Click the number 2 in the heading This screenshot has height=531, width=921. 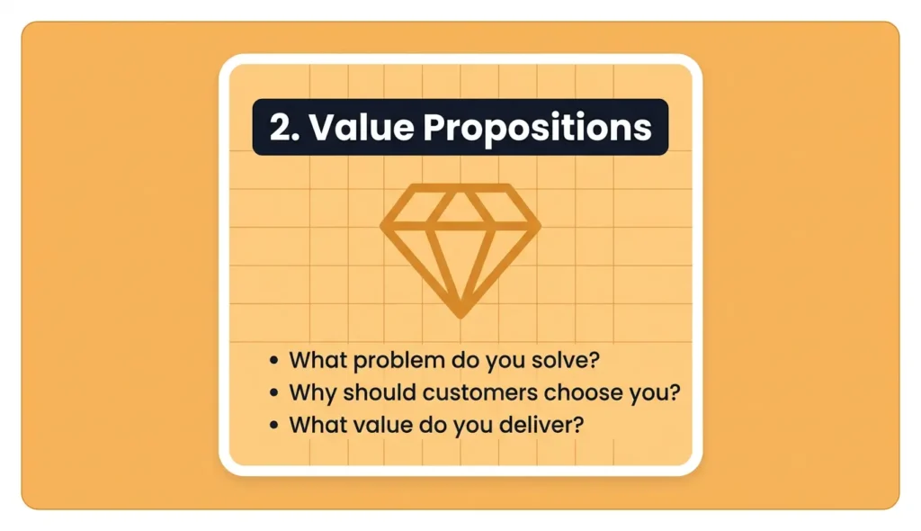click(281, 128)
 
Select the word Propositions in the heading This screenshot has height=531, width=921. click(537, 129)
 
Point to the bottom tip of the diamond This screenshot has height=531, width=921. click(460, 314)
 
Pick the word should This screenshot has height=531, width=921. click(363, 393)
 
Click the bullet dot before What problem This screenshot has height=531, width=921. click(274, 362)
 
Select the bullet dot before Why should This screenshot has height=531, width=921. click(274, 394)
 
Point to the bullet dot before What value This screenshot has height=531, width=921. click(274, 425)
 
